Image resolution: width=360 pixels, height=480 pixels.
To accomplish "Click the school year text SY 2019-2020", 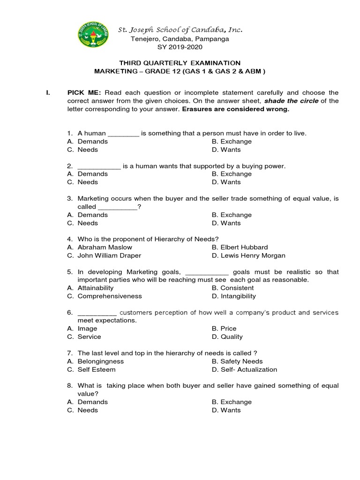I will click(180, 47).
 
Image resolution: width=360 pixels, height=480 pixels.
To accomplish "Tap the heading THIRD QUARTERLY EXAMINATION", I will click(180, 63).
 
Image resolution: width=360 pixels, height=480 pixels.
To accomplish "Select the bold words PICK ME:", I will click(84, 93).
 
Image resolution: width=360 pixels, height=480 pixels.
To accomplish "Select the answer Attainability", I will click(95, 288).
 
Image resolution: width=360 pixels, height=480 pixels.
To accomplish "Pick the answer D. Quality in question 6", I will click(227, 337).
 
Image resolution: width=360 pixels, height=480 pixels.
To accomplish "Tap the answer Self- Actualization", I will click(248, 369).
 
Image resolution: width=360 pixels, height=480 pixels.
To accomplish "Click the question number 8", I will click(69, 386).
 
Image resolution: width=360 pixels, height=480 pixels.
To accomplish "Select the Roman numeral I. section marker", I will click(47, 93).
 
